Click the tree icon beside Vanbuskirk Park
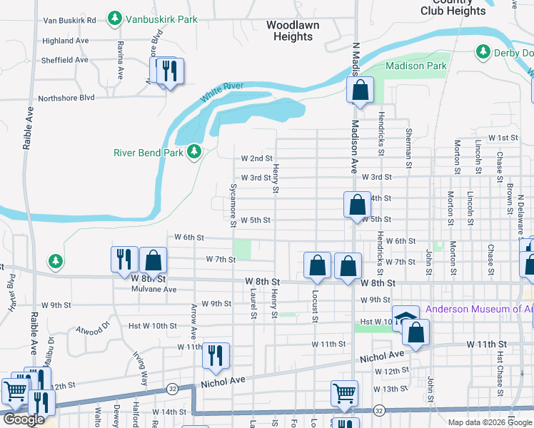(114, 17)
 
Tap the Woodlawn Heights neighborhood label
(293, 31)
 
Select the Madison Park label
(415, 66)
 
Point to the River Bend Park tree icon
(193, 151)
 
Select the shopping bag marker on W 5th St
(356, 205)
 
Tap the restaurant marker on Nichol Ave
(216, 355)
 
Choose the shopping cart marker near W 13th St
(344, 394)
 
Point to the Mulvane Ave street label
(153, 290)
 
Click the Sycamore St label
(233, 205)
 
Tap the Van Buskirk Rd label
(69, 20)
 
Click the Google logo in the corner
(24, 419)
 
